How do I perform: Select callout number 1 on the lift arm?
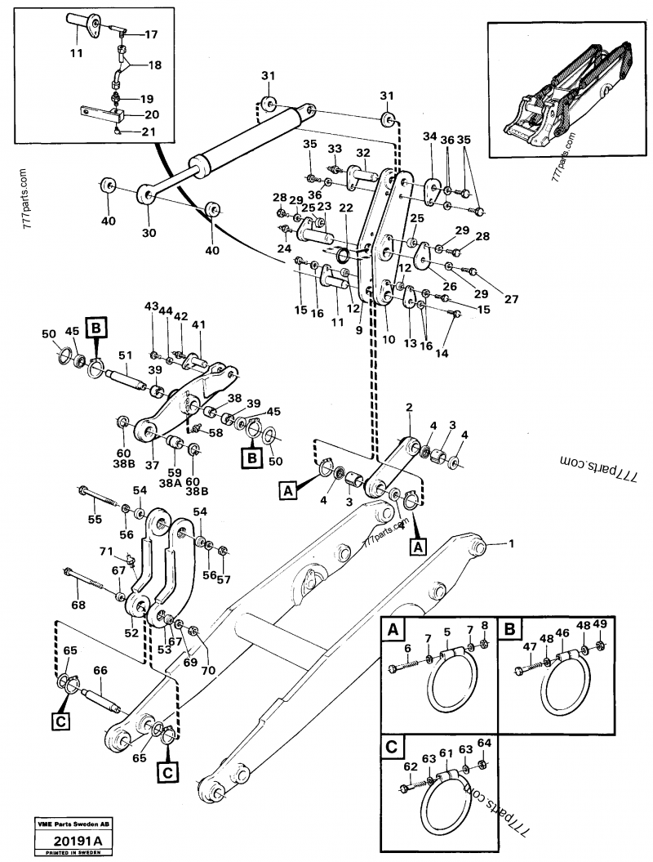(513, 543)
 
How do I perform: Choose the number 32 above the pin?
(362, 153)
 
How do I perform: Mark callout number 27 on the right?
(511, 299)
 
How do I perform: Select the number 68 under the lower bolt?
(78, 605)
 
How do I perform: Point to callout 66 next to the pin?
(100, 671)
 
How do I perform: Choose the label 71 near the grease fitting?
(107, 553)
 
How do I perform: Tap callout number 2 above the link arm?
(409, 408)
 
